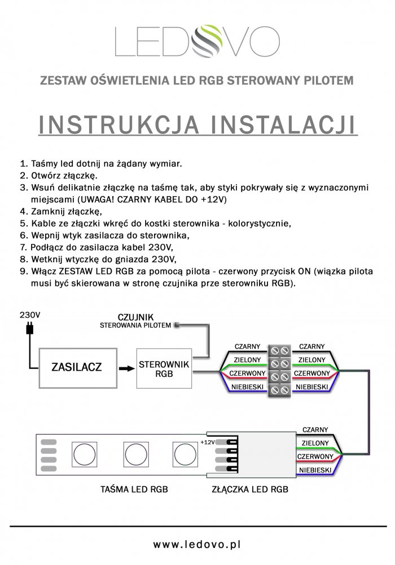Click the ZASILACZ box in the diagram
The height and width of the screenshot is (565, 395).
[76, 367]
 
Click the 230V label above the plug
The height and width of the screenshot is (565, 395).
[29, 314]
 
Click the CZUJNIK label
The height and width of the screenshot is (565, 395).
[135, 316]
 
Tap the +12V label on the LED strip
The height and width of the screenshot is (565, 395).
[207, 442]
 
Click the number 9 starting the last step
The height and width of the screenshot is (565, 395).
[23, 271]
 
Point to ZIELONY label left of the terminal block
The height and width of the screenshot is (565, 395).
[247, 359]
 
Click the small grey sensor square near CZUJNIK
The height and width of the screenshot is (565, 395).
[177, 324]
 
